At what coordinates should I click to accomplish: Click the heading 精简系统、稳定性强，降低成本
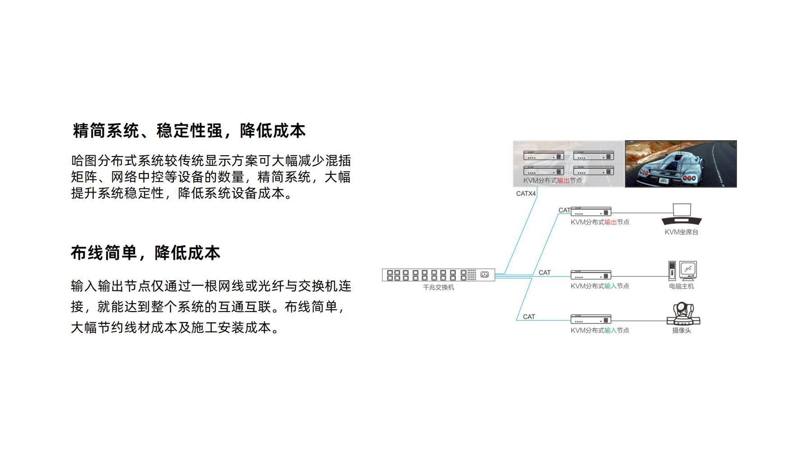(x=189, y=131)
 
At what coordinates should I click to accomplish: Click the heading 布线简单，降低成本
(x=145, y=253)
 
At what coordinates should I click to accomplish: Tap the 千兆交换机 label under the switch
(x=438, y=287)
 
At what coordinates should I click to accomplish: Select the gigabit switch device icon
(x=438, y=275)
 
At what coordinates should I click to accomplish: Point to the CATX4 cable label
(x=526, y=193)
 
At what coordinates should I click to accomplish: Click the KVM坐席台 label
(x=681, y=232)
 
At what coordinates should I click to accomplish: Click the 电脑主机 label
(x=681, y=286)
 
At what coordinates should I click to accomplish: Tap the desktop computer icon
(x=682, y=271)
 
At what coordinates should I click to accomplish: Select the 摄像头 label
(x=681, y=331)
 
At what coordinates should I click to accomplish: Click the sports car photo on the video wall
(x=681, y=164)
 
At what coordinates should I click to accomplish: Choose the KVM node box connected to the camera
(x=591, y=319)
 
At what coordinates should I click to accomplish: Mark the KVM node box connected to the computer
(x=591, y=275)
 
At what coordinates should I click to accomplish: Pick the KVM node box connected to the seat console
(x=591, y=212)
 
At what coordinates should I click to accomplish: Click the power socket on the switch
(x=485, y=275)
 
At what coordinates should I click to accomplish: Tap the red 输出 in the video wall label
(x=563, y=180)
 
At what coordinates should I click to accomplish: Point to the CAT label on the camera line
(x=529, y=317)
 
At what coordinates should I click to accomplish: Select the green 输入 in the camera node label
(x=610, y=331)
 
